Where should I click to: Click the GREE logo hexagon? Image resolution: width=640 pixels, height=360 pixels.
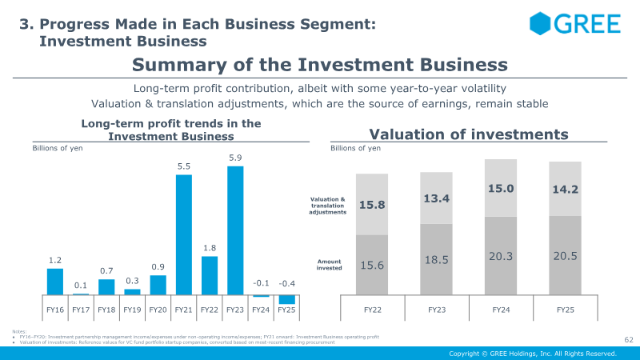(542, 24)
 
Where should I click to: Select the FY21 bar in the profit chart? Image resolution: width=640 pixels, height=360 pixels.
(184, 234)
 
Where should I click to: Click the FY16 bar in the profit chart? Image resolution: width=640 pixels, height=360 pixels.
(55, 282)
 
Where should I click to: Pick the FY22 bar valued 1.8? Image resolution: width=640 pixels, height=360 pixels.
(210, 275)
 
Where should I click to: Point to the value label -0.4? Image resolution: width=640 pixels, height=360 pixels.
(286, 284)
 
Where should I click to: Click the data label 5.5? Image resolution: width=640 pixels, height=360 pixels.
(184, 166)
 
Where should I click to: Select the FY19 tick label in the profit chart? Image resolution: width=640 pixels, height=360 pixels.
(132, 309)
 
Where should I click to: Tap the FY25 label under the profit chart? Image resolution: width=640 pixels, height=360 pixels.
(286, 309)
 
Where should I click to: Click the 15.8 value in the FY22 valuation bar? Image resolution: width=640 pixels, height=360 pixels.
(371, 205)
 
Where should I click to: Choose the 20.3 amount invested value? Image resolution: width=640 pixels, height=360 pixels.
(499, 256)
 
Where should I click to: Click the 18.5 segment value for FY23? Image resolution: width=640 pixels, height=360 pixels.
(436, 260)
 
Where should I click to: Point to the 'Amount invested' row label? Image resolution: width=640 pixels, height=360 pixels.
(329, 265)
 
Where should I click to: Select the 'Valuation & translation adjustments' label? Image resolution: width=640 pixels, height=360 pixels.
(328, 206)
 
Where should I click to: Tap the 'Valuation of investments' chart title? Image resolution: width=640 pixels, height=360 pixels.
(468, 134)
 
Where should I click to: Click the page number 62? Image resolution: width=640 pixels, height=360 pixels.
(628, 340)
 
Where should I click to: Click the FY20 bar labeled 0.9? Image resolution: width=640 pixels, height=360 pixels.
(158, 285)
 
